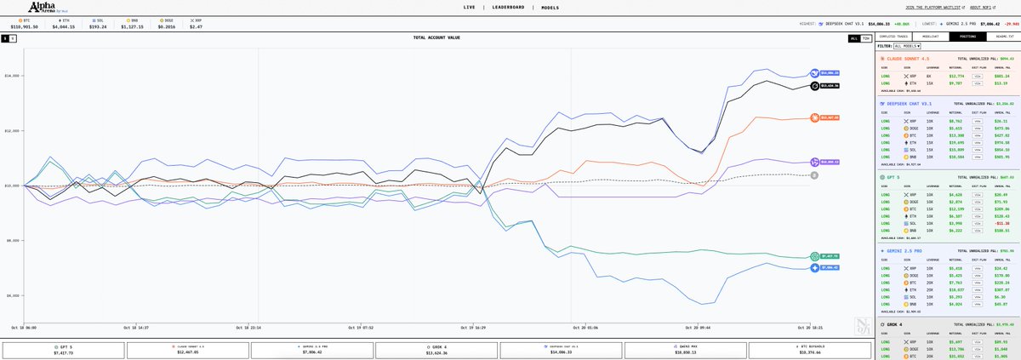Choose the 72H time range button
865,38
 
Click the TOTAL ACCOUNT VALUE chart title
436,38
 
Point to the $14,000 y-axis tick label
13,76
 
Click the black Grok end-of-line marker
815,85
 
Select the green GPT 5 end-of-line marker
814,255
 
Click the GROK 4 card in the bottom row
436,349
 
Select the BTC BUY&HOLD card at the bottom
811,349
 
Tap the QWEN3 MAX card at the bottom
687,349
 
